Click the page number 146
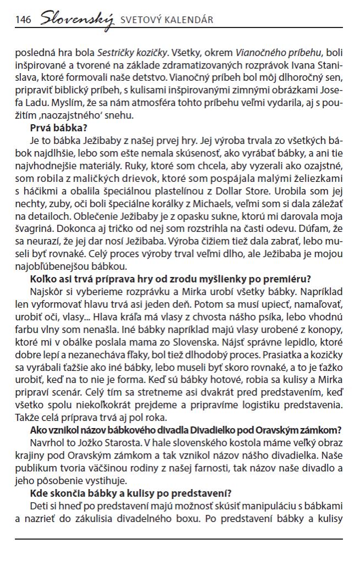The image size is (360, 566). tap(23, 20)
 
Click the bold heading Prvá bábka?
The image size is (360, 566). tap(55, 129)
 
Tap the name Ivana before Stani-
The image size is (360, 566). tap(298, 66)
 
